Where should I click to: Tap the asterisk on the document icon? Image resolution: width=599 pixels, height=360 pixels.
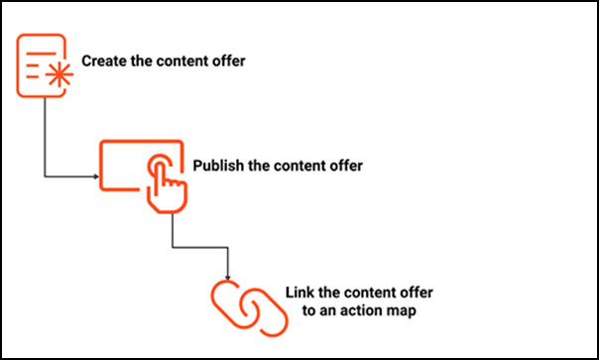[x=58, y=75]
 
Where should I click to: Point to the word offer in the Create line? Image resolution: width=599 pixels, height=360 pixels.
[x=227, y=61]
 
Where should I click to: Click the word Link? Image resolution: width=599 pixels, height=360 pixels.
[x=299, y=295]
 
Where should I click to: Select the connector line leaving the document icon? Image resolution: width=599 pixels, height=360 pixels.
[x=44, y=139]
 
